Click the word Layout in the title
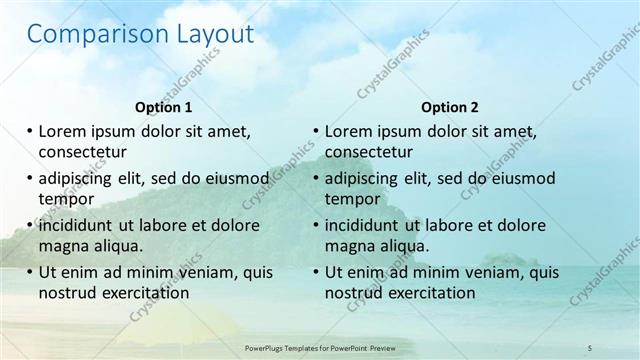207,35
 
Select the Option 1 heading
163,107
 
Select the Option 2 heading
450,107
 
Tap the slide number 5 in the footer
590,347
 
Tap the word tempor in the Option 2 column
352,198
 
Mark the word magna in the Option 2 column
352,246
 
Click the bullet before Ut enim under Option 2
316,272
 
